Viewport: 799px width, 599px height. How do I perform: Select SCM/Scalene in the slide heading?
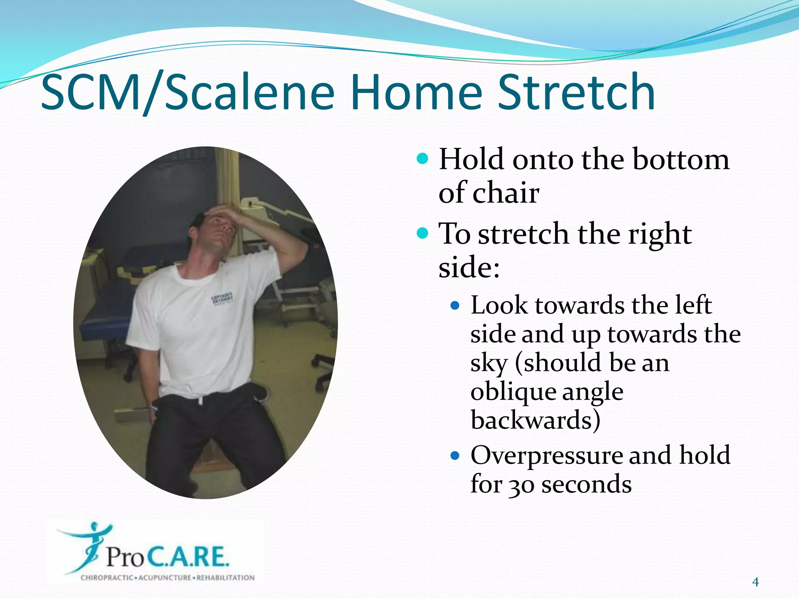coord(187,93)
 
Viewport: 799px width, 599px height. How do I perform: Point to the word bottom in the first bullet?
coord(680,159)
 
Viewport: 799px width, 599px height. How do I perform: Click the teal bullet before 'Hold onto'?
coord(423,159)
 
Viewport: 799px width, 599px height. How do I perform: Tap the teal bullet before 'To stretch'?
coord(423,233)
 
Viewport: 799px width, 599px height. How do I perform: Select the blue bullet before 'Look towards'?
coord(455,305)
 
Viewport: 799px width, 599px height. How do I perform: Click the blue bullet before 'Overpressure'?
coord(455,455)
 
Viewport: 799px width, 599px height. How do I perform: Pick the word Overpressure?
coord(546,455)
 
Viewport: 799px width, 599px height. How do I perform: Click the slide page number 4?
coord(755,582)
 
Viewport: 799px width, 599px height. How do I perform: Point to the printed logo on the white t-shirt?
coord(222,298)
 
